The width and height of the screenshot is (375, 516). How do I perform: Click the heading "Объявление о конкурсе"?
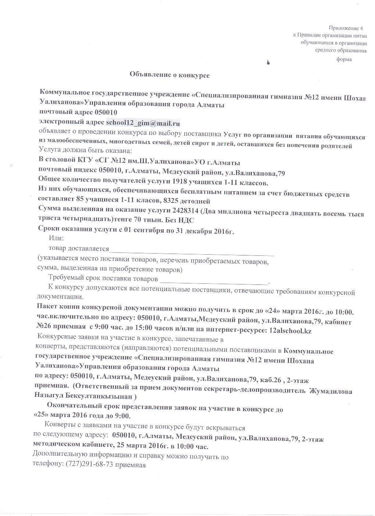(x=169, y=75)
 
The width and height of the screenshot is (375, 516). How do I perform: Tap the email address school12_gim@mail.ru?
(x=143, y=122)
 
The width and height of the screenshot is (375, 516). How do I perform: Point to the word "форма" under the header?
(x=344, y=59)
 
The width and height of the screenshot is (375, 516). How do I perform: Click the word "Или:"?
(x=56, y=239)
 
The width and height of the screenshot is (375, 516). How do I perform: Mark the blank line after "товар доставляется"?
(x=191, y=253)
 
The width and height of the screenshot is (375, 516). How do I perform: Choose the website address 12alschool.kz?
(x=290, y=331)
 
